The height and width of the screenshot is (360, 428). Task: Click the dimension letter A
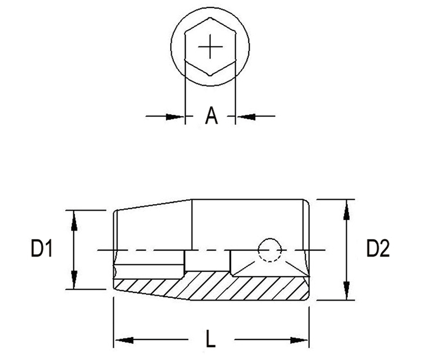point(211,116)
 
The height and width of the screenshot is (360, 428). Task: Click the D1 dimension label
point(42,248)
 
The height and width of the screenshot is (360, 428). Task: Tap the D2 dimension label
point(378,248)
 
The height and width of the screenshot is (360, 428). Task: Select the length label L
point(210,338)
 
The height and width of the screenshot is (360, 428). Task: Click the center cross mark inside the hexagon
point(210,47)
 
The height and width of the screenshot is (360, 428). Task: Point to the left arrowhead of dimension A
point(174,117)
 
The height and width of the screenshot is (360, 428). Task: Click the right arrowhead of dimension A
point(247,117)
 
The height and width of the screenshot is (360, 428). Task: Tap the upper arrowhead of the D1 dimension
point(74,221)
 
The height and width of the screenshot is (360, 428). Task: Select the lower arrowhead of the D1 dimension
point(74,279)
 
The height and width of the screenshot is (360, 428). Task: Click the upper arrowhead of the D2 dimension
point(346,210)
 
